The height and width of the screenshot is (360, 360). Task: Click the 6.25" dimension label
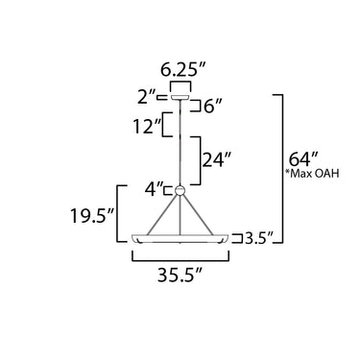pos(183,70)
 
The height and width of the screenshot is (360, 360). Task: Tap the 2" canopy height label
pos(146,97)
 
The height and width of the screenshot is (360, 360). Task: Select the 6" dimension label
pos(213,107)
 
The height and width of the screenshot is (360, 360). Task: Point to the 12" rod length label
pos(147,127)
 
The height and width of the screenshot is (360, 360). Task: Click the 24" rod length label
pos(216,160)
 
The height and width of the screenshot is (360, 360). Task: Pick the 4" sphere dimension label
pos(155,189)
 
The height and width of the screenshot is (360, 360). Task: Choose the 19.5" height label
pos(92,216)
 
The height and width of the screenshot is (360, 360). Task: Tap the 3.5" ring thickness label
pos(259,238)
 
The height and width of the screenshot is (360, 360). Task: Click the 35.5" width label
pos(180,275)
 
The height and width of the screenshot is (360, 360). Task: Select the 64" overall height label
pos(303,159)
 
